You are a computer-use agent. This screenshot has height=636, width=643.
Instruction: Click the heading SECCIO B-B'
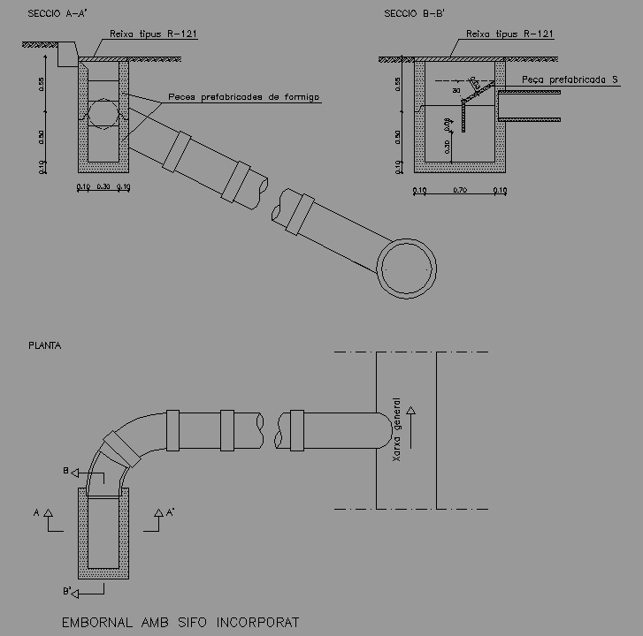click(x=412, y=14)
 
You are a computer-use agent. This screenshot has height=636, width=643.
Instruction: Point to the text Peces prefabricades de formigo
click(x=243, y=97)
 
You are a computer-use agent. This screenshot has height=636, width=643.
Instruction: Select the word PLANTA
click(x=45, y=346)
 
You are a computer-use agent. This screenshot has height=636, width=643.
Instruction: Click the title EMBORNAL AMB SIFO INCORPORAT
click(x=180, y=623)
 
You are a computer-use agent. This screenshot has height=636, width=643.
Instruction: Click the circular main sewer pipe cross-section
click(x=408, y=267)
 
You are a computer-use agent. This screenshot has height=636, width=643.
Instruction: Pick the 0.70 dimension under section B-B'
click(x=459, y=191)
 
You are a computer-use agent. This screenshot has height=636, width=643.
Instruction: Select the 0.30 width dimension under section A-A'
click(x=103, y=187)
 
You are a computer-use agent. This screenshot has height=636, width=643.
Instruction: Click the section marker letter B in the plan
click(x=65, y=472)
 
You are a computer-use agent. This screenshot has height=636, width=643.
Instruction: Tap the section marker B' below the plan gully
click(x=67, y=589)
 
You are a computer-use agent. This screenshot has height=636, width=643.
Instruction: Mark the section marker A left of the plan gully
click(x=36, y=511)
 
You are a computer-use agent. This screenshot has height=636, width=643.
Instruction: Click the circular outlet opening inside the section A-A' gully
click(x=103, y=113)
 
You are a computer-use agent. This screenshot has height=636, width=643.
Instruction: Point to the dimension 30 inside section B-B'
click(x=456, y=90)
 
